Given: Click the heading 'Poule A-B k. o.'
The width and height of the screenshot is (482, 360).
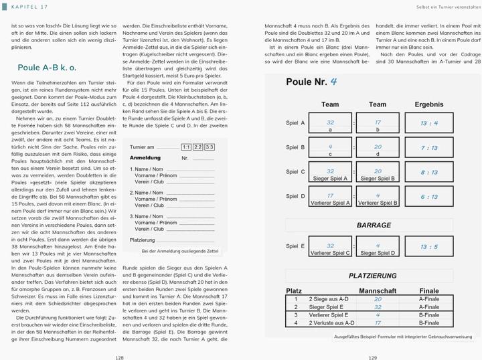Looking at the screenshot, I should point(47,68).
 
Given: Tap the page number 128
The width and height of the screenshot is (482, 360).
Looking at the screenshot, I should point(119,357).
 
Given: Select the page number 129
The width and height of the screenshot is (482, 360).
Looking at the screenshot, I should point(372,357).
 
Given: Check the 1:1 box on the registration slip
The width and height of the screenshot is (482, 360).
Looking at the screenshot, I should point(186,147).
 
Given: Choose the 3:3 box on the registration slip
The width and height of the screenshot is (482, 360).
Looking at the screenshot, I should point(210,147).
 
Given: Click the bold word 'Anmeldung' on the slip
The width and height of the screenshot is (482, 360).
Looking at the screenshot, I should point(145,158).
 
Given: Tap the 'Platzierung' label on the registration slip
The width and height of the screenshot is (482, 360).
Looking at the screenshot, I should point(142,240).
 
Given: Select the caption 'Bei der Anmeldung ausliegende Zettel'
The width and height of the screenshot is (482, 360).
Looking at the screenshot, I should point(180,251).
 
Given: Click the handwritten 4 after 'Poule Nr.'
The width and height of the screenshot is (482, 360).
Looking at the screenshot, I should point(333,82).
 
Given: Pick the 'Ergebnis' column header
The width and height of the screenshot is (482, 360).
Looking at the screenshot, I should point(428,104).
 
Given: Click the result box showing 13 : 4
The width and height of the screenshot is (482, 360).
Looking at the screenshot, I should point(428,123).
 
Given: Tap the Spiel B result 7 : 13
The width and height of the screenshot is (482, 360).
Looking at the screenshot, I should point(428,148).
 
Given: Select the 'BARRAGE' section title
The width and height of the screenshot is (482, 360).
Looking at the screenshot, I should point(374,226).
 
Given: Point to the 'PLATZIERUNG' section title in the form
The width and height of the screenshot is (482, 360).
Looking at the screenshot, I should point(372,276).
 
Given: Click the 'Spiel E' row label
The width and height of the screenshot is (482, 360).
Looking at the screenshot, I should point(295,246).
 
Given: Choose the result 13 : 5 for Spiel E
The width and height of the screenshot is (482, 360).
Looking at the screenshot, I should point(428,246).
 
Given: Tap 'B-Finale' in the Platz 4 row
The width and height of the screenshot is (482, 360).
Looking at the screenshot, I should point(428,323).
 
